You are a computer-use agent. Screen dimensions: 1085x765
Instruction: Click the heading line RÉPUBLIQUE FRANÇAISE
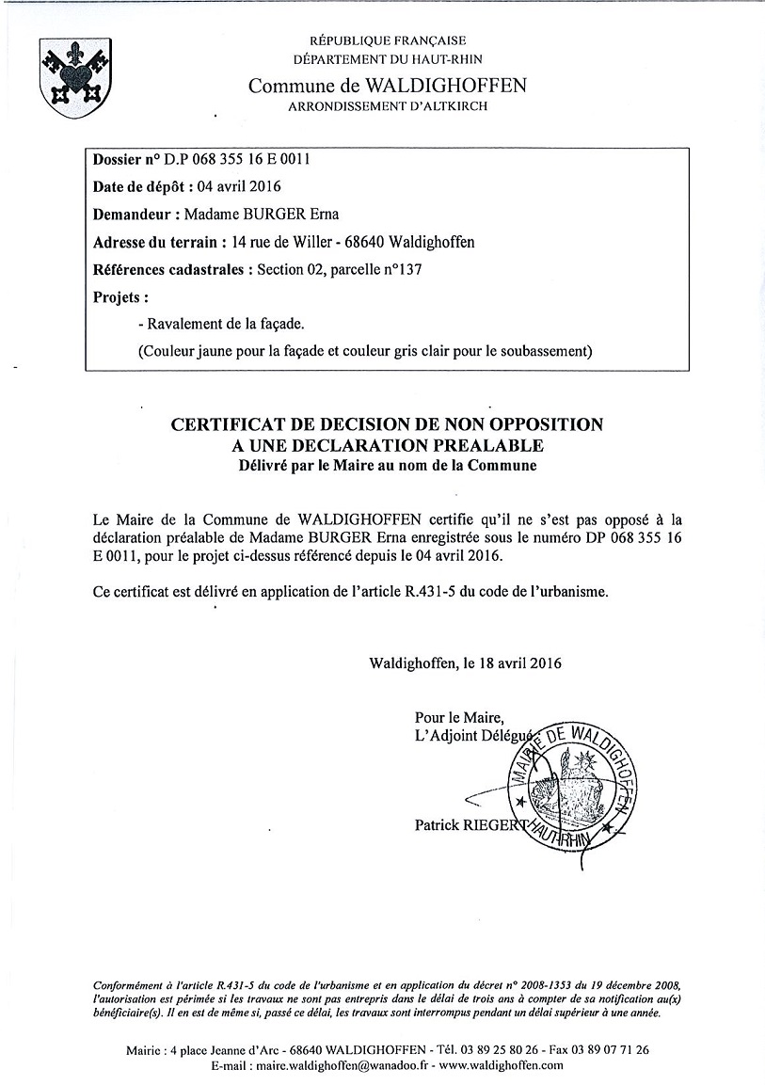(x=388, y=40)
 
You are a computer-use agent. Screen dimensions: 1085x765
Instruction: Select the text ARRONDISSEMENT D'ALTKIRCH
(x=388, y=107)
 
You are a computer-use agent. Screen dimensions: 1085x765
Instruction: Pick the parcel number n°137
(x=398, y=270)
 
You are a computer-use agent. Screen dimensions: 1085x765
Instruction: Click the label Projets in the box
(x=121, y=297)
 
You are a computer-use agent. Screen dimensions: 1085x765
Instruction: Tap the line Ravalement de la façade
(x=221, y=324)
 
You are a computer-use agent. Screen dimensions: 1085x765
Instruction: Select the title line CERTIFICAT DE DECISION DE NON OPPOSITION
(x=387, y=424)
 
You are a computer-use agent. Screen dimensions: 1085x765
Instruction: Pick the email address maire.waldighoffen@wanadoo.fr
(x=340, y=1065)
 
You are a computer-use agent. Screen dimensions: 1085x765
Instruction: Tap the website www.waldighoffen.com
(x=501, y=1065)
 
